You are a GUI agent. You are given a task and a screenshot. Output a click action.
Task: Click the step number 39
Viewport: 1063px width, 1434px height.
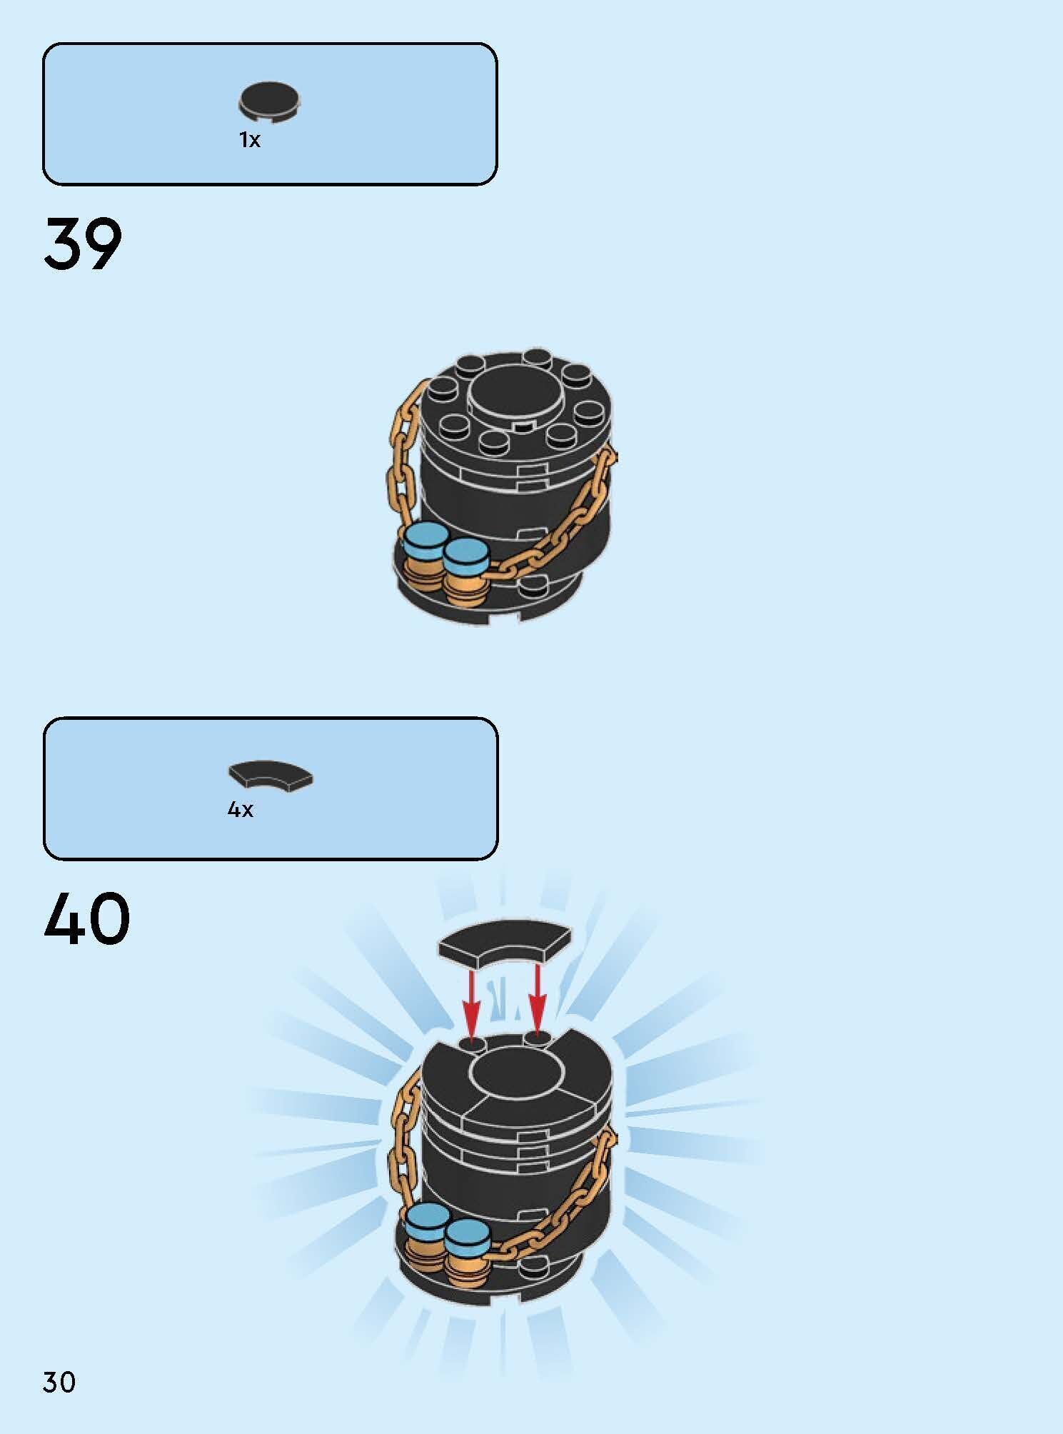pos(83,244)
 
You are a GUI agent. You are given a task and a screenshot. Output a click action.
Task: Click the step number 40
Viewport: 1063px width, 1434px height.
pos(87,918)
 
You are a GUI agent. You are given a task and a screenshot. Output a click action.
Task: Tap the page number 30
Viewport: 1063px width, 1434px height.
pos(59,1383)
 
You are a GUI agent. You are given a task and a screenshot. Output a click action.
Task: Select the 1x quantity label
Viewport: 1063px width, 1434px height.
pos(250,140)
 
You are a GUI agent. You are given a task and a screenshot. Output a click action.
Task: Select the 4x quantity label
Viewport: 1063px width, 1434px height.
pos(241,809)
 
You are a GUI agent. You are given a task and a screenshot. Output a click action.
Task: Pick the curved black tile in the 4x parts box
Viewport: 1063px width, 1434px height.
pos(271,777)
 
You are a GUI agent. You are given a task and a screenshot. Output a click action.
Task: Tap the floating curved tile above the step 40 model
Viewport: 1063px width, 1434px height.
pos(505,944)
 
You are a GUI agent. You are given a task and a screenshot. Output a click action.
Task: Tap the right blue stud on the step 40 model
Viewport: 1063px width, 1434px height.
pos(465,1235)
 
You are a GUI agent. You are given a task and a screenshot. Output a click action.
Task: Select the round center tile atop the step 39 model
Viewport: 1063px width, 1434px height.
pos(512,396)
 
